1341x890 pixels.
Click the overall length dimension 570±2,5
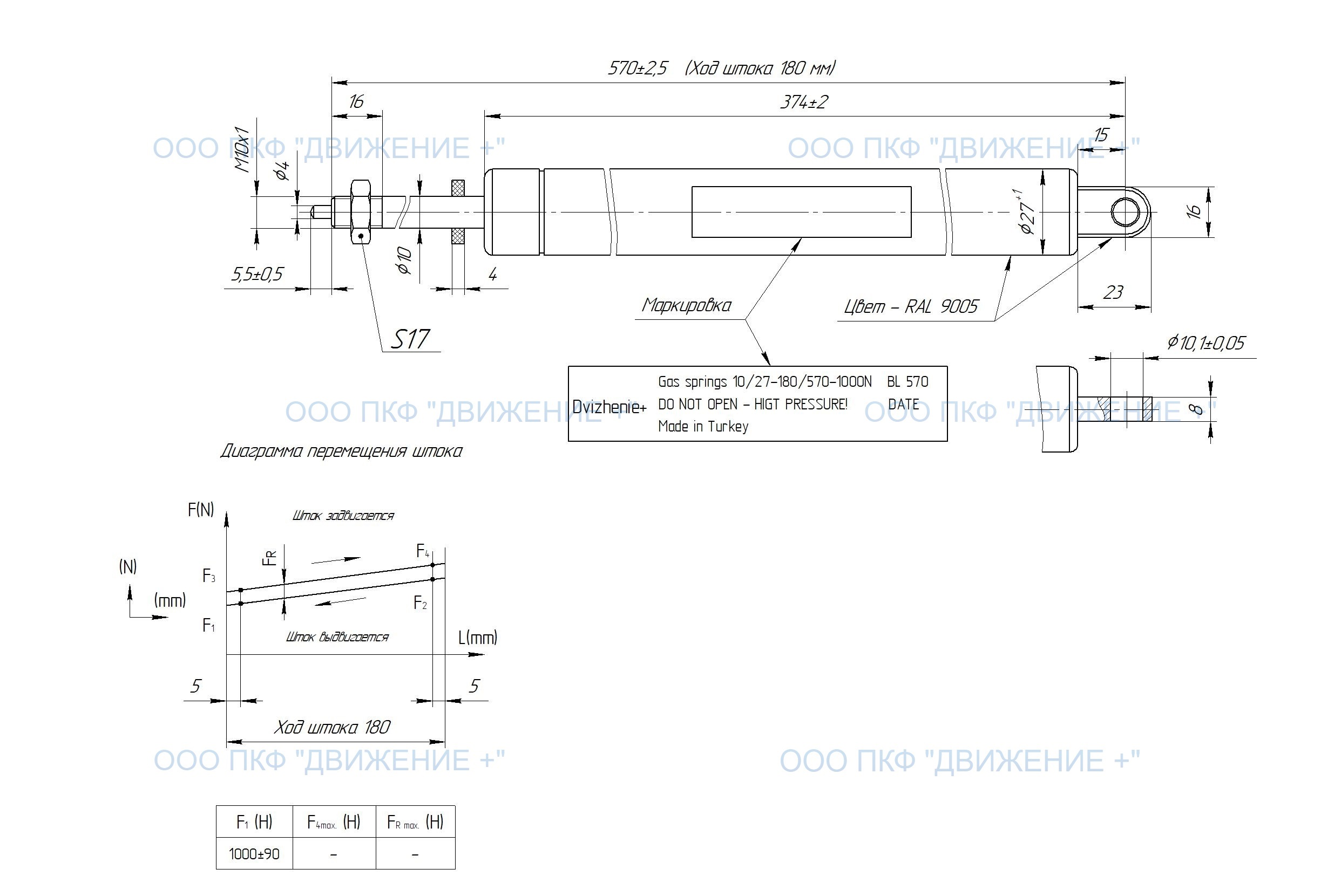point(637,69)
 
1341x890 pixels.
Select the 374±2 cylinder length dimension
point(803,102)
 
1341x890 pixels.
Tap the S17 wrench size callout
point(410,339)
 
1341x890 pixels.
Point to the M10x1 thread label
point(242,150)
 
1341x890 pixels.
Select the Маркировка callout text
point(686,305)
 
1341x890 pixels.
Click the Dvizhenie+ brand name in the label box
point(609,407)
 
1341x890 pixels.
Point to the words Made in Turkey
point(702,426)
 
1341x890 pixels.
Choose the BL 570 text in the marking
point(907,382)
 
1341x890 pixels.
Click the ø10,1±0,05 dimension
point(1205,343)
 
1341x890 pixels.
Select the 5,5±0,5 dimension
point(257,275)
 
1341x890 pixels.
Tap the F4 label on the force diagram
point(423,551)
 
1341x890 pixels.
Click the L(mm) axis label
point(478,638)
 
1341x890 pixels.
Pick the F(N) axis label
point(201,510)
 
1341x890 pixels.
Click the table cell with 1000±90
point(254,854)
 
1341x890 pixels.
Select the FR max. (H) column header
point(415,822)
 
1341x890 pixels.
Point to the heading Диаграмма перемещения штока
point(341,451)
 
